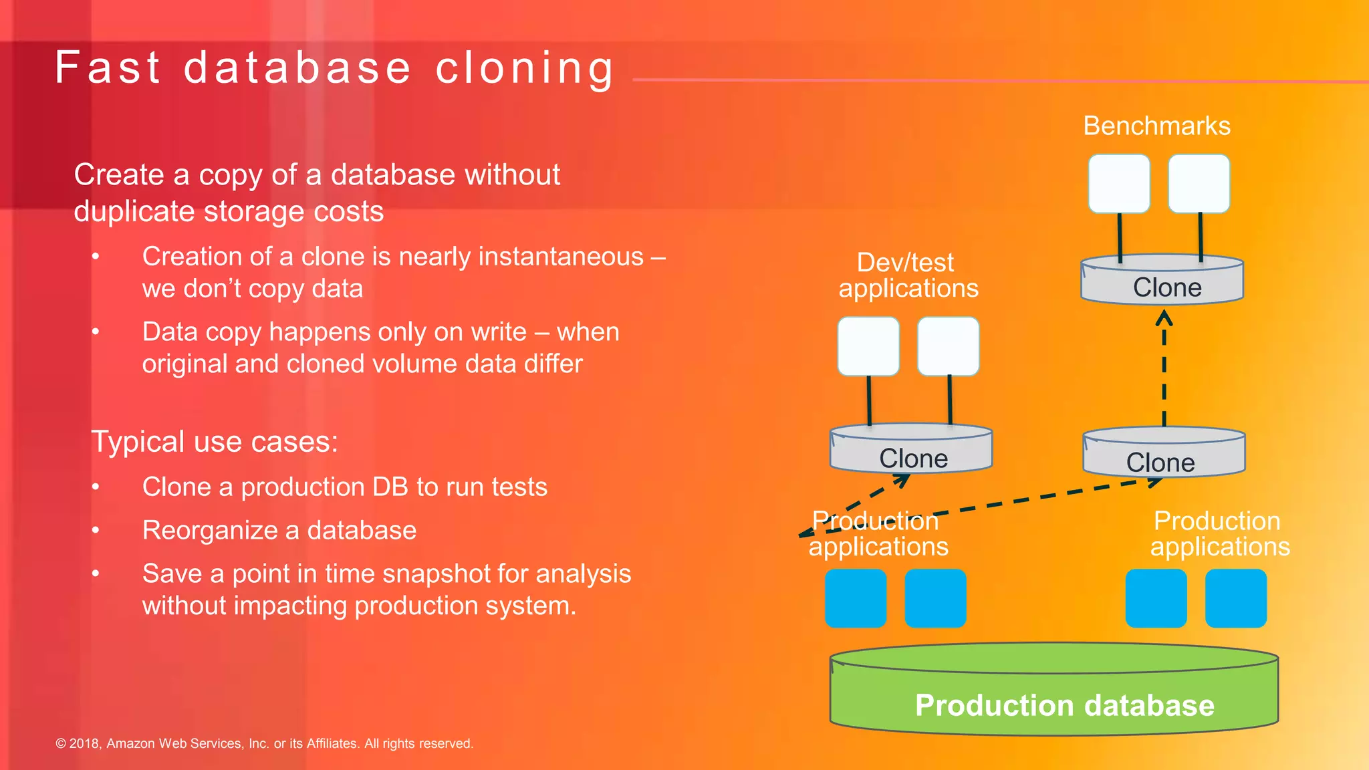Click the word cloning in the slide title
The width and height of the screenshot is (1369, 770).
[x=524, y=68]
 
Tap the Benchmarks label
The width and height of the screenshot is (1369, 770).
[x=1156, y=126]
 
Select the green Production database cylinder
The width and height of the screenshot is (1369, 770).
[x=1054, y=695]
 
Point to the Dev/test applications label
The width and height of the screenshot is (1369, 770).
[x=908, y=275]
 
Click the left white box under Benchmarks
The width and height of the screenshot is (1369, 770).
[x=1119, y=184]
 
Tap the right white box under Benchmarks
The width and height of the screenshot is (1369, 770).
[x=1199, y=184]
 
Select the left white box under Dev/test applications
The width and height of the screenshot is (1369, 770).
[x=868, y=346]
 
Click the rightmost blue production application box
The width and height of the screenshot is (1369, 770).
[x=1236, y=598]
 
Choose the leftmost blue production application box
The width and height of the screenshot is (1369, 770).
[x=856, y=598]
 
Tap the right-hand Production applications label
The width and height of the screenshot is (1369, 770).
[x=1219, y=533]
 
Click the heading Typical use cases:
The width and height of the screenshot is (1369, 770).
[x=215, y=442]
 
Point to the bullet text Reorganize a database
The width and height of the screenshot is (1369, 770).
[x=279, y=530]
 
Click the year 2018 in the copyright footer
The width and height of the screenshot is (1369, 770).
[x=84, y=743]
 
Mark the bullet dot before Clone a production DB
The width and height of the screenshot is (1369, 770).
[x=96, y=487]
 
